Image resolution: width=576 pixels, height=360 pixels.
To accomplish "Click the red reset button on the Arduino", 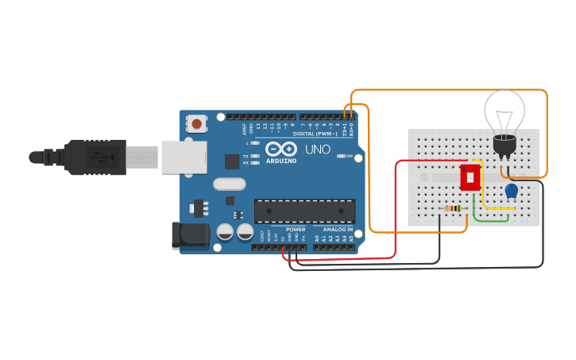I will pos(195,123).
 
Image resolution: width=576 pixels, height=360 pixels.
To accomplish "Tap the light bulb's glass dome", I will pos(505,110).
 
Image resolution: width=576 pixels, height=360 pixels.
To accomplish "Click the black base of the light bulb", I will pos(504,145).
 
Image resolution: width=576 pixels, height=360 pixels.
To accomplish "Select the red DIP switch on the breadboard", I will pos(470,177).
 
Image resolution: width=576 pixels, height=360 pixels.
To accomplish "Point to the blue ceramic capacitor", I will pos(512,191).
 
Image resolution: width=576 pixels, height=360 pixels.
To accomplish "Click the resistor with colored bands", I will pos(453,209).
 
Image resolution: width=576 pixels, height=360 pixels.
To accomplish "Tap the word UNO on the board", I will pos(318,149).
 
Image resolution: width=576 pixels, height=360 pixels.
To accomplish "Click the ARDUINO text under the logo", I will pos(281,161).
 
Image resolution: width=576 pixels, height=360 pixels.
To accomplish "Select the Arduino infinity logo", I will pos(281,149).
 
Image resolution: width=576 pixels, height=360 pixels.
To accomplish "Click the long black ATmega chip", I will pos(304,211).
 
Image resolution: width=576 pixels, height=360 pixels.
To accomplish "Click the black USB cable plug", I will pos(95,157).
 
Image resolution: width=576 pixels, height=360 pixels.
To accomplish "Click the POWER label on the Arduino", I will pos(295,230).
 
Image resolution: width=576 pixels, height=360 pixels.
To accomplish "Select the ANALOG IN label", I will pos(338,230).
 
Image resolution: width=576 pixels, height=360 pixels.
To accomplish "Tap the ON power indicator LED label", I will pos(349,157).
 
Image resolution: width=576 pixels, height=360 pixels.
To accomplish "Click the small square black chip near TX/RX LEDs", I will pos(232,161).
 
